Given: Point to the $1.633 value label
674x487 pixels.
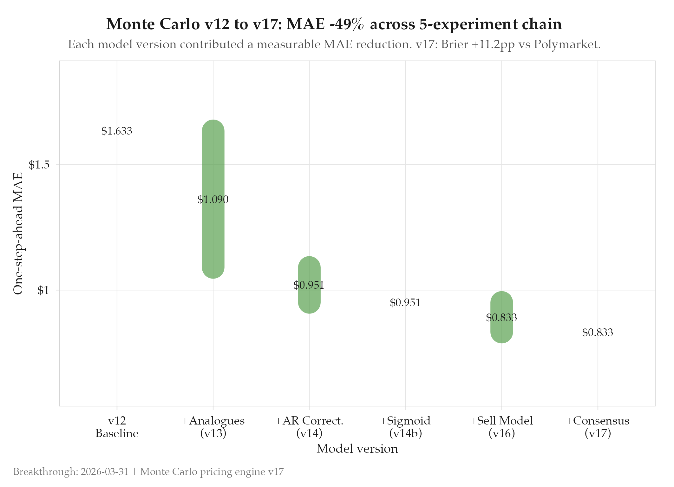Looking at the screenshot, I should tap(117, 131).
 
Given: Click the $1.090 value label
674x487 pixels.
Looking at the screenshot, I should tap(213, 200).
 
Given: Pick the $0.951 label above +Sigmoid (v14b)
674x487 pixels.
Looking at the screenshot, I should tap(405, 303).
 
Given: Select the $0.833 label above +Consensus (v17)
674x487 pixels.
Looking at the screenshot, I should tap(598, 332).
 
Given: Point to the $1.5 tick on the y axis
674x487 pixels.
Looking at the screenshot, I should tap(39, 165).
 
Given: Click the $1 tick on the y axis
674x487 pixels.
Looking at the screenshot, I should tap(43, 290).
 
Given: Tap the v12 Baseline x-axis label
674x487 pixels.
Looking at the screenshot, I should tap(117, 427).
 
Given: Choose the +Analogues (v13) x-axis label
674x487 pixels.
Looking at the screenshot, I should tap(213, 427).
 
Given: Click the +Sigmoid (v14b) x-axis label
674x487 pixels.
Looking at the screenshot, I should tap(405, 427).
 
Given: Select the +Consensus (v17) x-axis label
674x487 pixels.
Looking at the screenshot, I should tap(598, 427).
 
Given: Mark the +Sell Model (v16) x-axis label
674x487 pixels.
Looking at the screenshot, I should tap(501, 427).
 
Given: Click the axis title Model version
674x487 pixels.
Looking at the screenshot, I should tap(357, 449).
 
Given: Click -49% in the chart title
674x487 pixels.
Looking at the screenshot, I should tap(347, 24).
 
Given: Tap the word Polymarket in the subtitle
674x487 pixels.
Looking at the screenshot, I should tap(567, 44).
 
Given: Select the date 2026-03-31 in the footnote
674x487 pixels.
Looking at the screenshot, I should tap(104, 472).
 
